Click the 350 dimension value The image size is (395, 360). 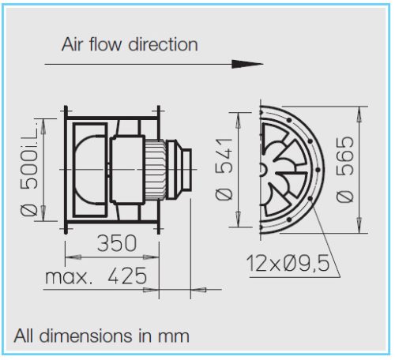point(110,246)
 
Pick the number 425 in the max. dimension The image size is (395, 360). point(126,277)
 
